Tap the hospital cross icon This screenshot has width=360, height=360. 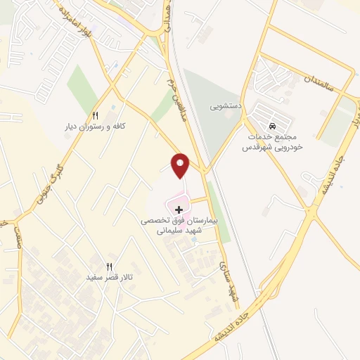tap(179, 209)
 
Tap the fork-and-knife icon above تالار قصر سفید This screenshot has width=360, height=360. tap(109, 266)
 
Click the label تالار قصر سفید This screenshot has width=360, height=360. tap(109, 278)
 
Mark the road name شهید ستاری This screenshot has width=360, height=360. tap(226, 282)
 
